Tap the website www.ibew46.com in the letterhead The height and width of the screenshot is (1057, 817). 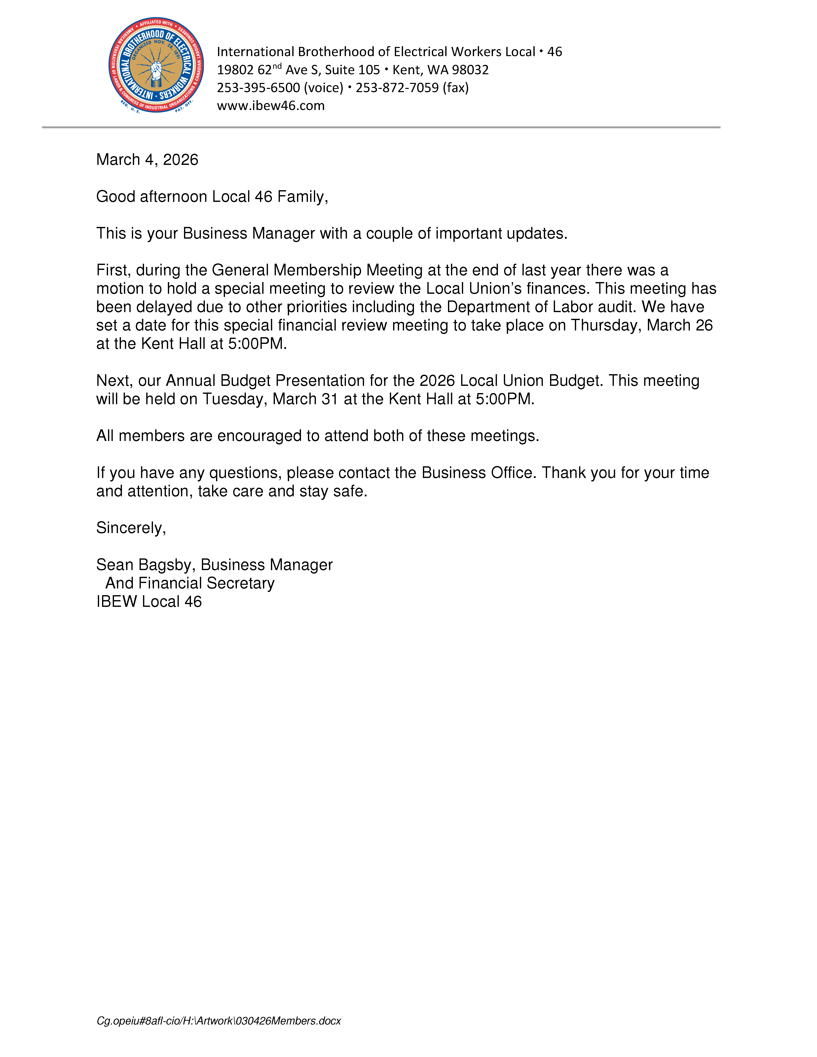coord(271,106)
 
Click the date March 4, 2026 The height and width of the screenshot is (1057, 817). coord(147,160)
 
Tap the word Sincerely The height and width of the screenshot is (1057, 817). coord(131,528)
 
